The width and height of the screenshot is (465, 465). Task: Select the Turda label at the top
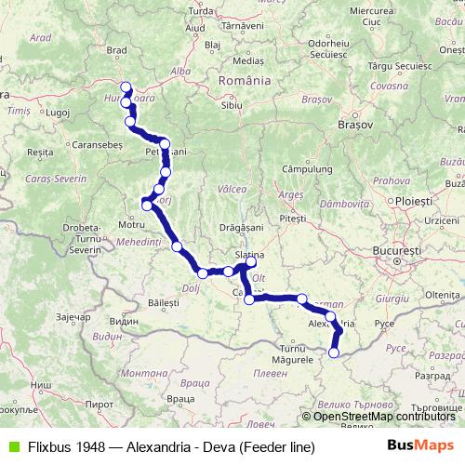[201, 11]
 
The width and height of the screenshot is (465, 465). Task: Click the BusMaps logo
[420, 445]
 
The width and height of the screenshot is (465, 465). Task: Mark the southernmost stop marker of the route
[334, 352]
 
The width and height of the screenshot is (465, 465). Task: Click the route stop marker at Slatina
[250, 261]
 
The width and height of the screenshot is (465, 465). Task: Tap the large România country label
[245, 81]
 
